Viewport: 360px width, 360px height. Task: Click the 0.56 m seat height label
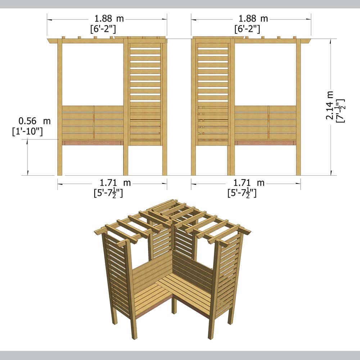coord(35,121)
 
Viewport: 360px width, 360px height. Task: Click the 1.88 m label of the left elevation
coord(107,18)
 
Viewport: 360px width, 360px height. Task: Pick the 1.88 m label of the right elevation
coord(251,18)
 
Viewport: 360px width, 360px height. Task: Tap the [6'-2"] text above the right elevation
coord(247,29)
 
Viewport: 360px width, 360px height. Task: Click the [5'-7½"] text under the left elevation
coord(108,193)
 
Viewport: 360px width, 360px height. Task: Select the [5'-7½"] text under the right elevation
coord(242,193)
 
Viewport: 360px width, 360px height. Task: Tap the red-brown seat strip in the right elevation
coord(265,143)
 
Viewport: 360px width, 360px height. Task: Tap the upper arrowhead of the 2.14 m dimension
coord(331,41)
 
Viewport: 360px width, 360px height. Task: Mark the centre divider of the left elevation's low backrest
coord(94,122)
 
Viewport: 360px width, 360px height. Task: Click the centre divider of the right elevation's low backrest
coord(269,122)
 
